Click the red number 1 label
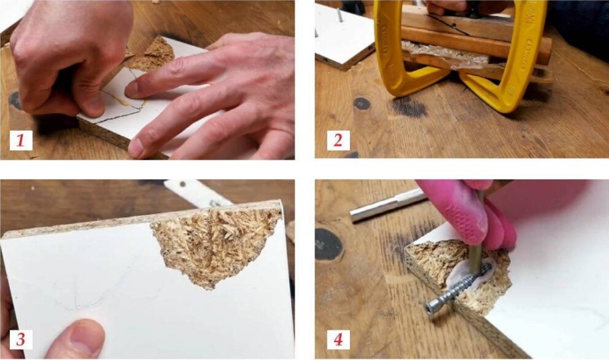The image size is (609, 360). click(21, 140)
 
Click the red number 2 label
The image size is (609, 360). click(338, 140)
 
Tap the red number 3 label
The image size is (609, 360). click(21, 339)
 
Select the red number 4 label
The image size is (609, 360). click(338, 339)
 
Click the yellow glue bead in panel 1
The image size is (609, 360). click(117, 98)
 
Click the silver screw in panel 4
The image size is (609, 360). click(454, 289)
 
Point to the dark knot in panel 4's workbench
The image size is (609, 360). click(328, 244)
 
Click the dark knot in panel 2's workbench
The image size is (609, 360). click(362, 103)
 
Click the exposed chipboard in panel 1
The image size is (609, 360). click(152, 55)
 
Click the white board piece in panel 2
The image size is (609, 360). click(342, 34)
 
